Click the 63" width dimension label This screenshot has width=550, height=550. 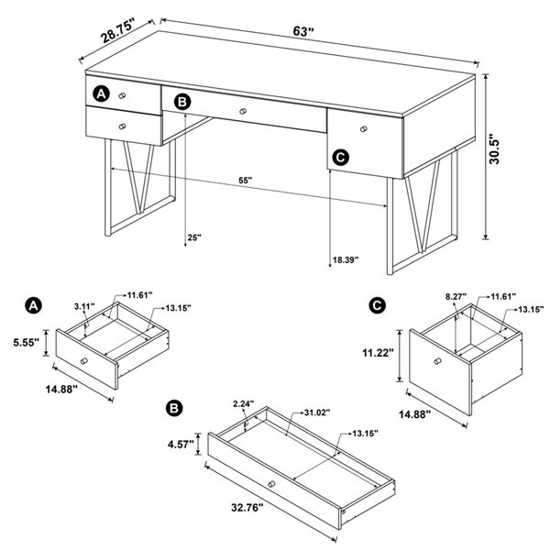(x=303, y=31)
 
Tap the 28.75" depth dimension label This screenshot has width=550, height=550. (x=118, y=31)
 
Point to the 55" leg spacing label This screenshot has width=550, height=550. (x=246, y=181)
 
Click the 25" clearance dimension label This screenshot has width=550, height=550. (x=194, y=237)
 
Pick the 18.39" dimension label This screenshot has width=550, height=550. (x=346, y=260)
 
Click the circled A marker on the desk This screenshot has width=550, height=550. (x=101, y=94)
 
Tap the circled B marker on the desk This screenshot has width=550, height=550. (x=182, y=102)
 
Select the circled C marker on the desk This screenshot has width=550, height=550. (x=340, y=157)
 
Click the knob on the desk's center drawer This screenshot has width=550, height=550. (x=243, y=111)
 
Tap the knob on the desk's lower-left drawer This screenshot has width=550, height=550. (x=122, y=126)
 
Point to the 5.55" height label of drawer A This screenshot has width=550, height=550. (x=27, y=342)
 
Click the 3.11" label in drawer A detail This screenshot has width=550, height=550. (x=84, y=306)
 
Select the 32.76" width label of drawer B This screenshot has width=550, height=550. (x=247, y=507)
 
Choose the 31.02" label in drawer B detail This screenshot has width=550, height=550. (x=317, y=412)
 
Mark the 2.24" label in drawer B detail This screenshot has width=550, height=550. (x=244, y=403)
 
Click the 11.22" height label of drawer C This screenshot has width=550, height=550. (x=376, y=353)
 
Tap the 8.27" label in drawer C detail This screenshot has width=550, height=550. (x=456, y=297)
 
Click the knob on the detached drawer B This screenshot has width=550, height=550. (x=271, y=484)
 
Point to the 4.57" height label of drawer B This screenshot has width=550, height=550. (x=181, y=445)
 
